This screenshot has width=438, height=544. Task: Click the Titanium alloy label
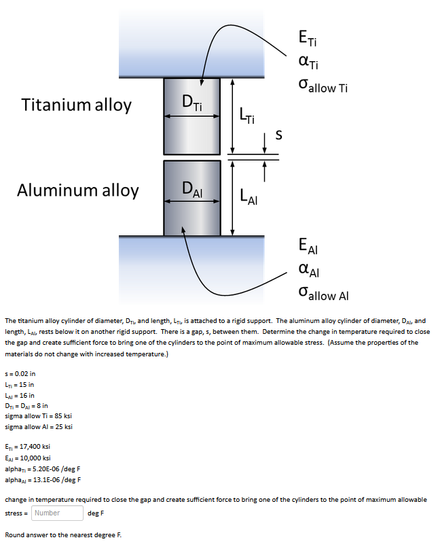[x=77, y=105]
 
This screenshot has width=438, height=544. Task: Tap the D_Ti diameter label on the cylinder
[x=192, y=103]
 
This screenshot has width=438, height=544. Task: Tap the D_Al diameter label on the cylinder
[x=192, y=188]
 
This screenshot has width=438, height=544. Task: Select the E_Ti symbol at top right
[x=306, y=38]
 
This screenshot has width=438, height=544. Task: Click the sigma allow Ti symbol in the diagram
[x=323, y=88]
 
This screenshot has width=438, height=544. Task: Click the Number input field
[x=57, y=513]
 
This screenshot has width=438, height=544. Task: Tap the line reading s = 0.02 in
[x=20, y=373]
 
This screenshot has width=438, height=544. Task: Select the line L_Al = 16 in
[x=20, y=395]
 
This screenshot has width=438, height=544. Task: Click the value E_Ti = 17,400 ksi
[x=27, y=447]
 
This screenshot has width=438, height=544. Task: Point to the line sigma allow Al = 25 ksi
[x=39, y=426]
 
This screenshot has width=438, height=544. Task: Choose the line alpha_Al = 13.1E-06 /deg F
[x=43, y=479]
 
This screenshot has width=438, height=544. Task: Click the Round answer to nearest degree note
[x=63, y=534]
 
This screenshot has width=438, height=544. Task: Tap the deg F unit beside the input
[x=96, y=513]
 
